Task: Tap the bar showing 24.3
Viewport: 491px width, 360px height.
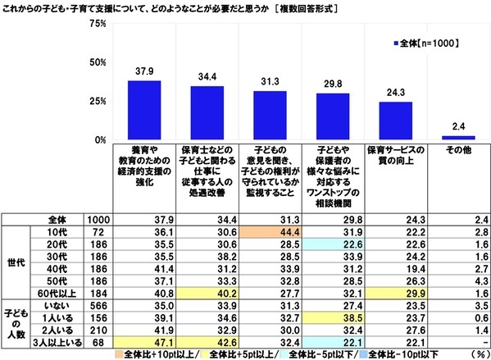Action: [395, 121]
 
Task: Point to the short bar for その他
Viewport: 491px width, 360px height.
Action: [458, 137]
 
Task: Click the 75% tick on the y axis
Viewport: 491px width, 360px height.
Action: [97, 24]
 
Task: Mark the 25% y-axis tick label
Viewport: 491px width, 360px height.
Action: [97, 101]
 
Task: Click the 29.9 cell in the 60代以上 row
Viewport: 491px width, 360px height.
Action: [395, 293]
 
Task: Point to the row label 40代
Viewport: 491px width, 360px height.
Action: [57, 270]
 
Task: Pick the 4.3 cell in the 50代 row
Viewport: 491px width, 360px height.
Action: [458, 281]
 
